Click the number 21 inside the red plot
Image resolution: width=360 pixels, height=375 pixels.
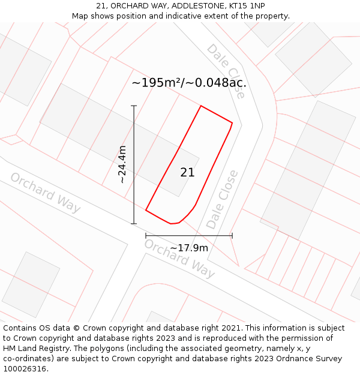click(x=187, y=173)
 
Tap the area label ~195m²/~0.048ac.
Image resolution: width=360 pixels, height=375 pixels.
click(x=189, y=83)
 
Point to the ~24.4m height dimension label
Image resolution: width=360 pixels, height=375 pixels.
click(x=122, y=164)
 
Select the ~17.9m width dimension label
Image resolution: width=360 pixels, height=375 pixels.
click(x=188, y=248)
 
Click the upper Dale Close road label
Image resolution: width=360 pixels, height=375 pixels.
click(x=226, y=70)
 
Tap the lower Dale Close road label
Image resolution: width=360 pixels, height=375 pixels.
click(x=222, y=199)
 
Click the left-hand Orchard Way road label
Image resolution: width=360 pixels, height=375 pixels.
click(x=45, y=193)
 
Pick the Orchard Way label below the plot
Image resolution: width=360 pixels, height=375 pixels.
click(x=179, y=259)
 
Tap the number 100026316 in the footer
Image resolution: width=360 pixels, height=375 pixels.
click(x=25, y=369)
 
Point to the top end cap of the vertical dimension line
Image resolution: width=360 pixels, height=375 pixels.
click(x=134, y=106)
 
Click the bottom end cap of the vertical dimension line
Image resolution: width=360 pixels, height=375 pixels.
click(x=134, y=224)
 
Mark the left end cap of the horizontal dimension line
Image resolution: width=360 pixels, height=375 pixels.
click(x=146, y=236)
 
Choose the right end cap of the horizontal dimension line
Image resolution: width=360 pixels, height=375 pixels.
click(x=232, y=236)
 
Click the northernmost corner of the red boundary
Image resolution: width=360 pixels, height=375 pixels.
click(x=200, y=106)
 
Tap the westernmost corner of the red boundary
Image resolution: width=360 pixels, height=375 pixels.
click(x=146, y=210)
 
